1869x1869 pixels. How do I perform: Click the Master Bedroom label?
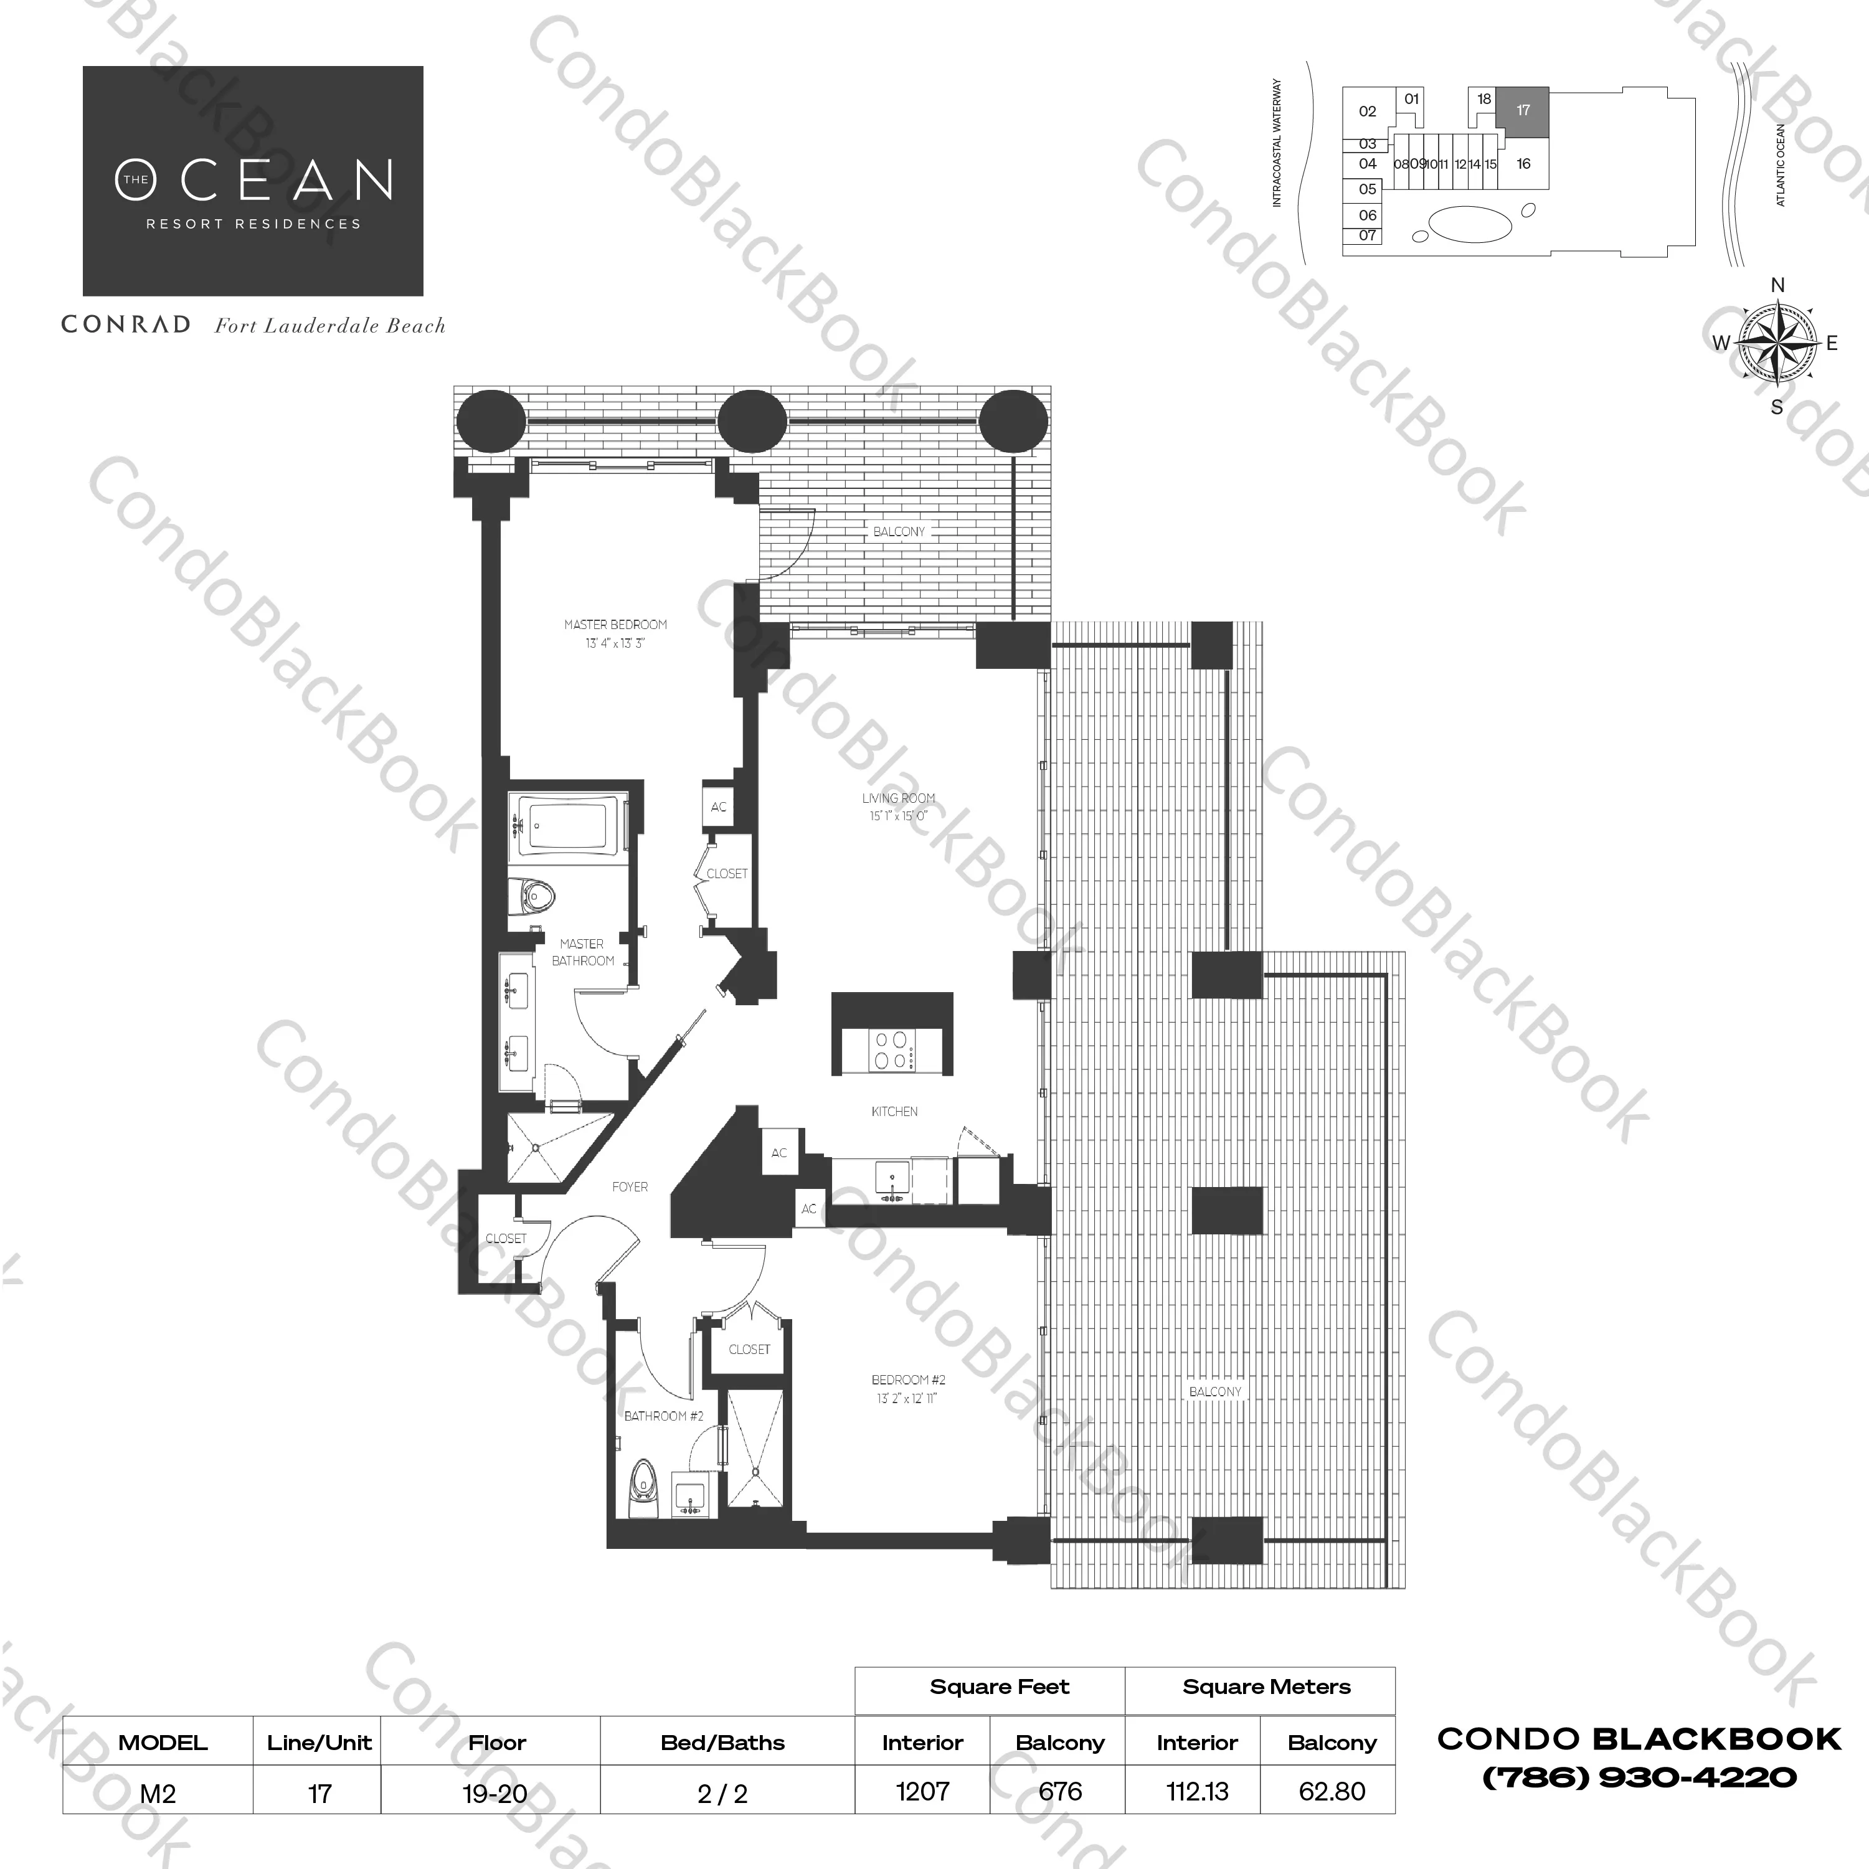(x=615, y=625)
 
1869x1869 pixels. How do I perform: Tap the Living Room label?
(x=899, y=798)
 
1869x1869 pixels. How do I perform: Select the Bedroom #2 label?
(x=909, y=1379)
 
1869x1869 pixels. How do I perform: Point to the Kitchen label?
(x=895, y=1112)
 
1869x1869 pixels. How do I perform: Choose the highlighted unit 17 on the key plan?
(x=1523, y=110)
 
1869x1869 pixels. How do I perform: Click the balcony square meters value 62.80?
(x=1332, y=1792)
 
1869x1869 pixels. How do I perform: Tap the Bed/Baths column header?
(x=722, y=1743)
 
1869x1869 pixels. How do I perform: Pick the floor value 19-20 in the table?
(x=495, y=1794)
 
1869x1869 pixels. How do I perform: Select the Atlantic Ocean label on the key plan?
(x=1781, y=164)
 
